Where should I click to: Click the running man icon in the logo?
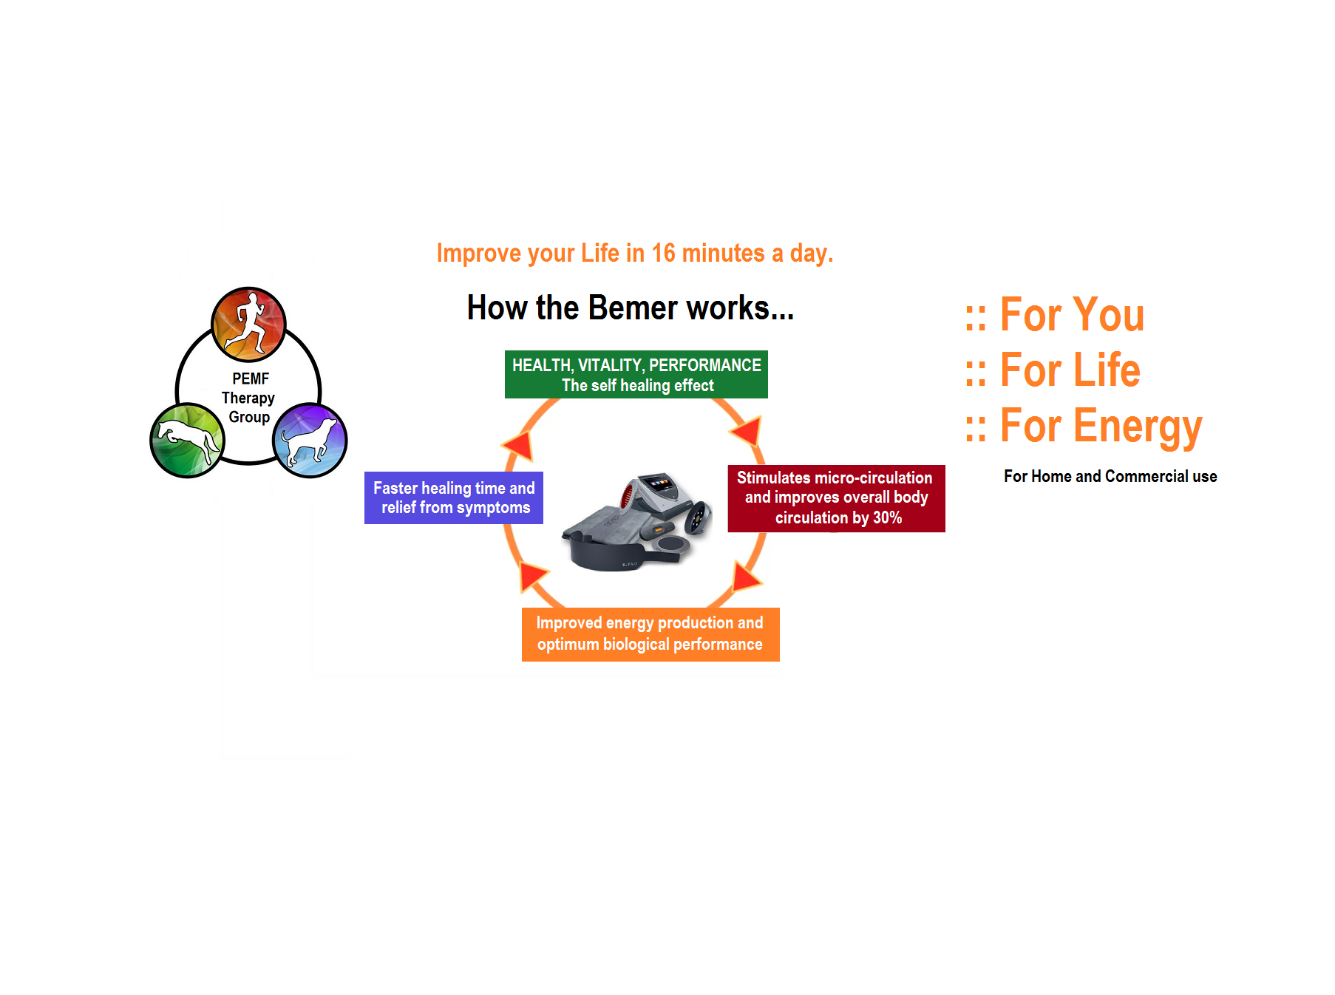(249, 323)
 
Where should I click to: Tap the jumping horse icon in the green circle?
(187, 440)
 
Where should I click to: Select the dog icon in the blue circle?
(310, 440)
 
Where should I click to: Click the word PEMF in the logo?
(251, 378)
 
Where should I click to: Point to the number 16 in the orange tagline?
(663, 254)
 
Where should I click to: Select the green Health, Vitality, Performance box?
(636, 375)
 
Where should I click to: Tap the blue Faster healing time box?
(454, 497)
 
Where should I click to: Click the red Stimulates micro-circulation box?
(836, 498)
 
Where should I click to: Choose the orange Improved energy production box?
(650, 634)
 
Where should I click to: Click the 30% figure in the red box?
(887, 518)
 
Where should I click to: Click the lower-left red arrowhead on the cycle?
(532, 575)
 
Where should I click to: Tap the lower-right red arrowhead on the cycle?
(746, 576)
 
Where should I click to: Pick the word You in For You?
(1109, 315)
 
